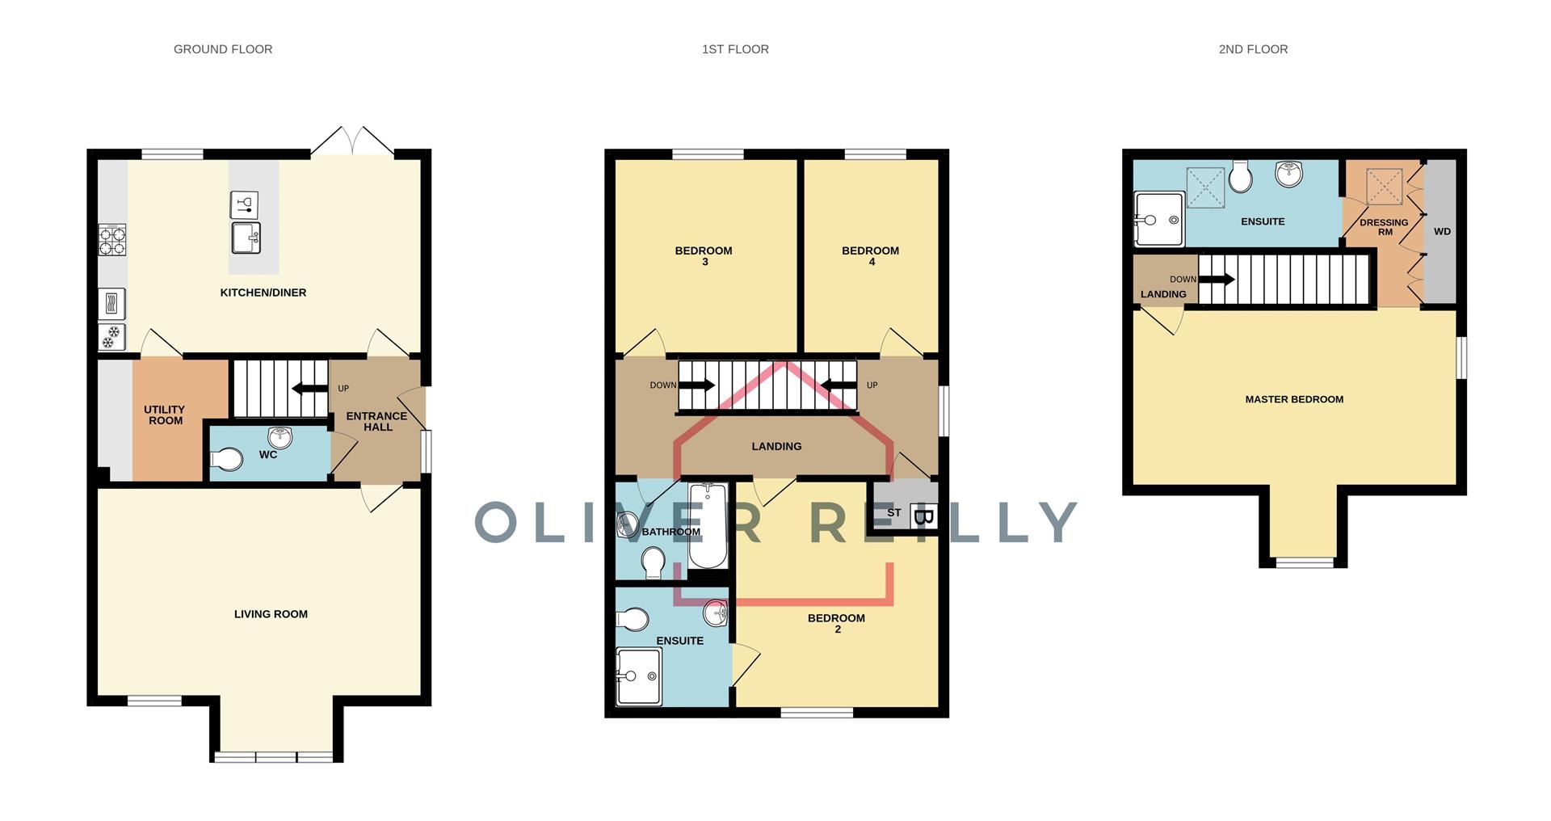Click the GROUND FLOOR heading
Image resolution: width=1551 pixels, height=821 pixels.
click(223, 49)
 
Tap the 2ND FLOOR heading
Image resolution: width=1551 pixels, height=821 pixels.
click(1253, 49)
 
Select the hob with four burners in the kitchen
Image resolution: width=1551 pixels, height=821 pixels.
click(112, 240)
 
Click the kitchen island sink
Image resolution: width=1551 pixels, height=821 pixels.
click(245, 238)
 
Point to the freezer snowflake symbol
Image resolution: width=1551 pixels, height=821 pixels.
click(112, 335)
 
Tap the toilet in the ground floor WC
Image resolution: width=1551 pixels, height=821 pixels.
click(227, 460)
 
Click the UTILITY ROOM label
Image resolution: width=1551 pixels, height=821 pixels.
click(165, 415)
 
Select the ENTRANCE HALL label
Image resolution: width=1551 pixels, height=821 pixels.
click(376, 421)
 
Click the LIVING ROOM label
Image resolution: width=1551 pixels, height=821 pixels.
click(271, 614)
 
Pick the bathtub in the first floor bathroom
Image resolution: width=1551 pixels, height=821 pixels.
click(708, 525)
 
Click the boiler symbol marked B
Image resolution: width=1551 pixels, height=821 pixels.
click(923, 516)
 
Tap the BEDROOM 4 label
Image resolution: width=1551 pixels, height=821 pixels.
click(871, 255)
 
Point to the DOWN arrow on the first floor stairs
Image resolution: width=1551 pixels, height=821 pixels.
click(697, 385)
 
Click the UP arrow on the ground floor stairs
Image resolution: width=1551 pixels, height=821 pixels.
click(309, 389)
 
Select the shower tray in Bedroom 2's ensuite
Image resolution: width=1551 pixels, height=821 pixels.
click(638, 677)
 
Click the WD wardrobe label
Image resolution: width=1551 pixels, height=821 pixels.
click(1442, 231)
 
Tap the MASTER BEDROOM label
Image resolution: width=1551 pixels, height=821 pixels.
click(1294, 399)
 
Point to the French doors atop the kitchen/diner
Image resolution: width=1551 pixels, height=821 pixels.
click(353, 142)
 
